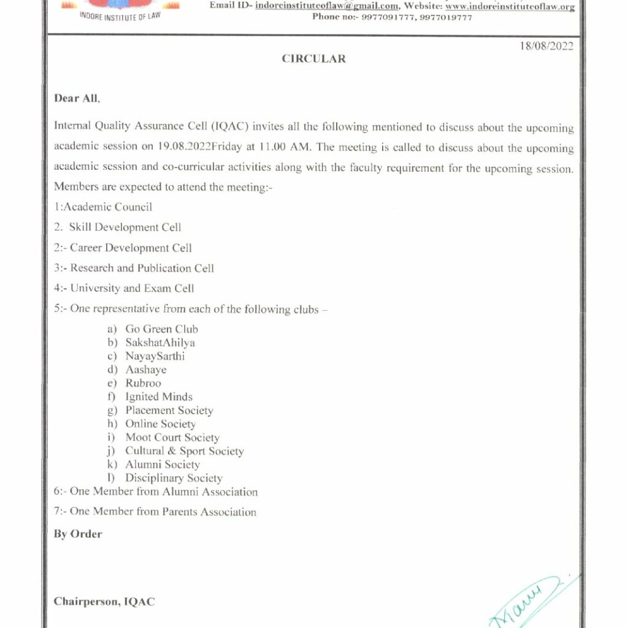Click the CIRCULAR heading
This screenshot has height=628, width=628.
313,59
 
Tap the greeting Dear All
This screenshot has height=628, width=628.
76,98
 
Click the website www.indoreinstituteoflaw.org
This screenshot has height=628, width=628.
510,6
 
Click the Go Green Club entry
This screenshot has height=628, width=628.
161,329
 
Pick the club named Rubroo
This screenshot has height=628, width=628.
143,383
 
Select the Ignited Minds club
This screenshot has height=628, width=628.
159,397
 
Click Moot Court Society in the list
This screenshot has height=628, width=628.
172,437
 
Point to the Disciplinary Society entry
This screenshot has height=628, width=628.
174,478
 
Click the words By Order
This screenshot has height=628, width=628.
78,534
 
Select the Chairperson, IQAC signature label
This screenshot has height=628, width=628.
104,602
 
